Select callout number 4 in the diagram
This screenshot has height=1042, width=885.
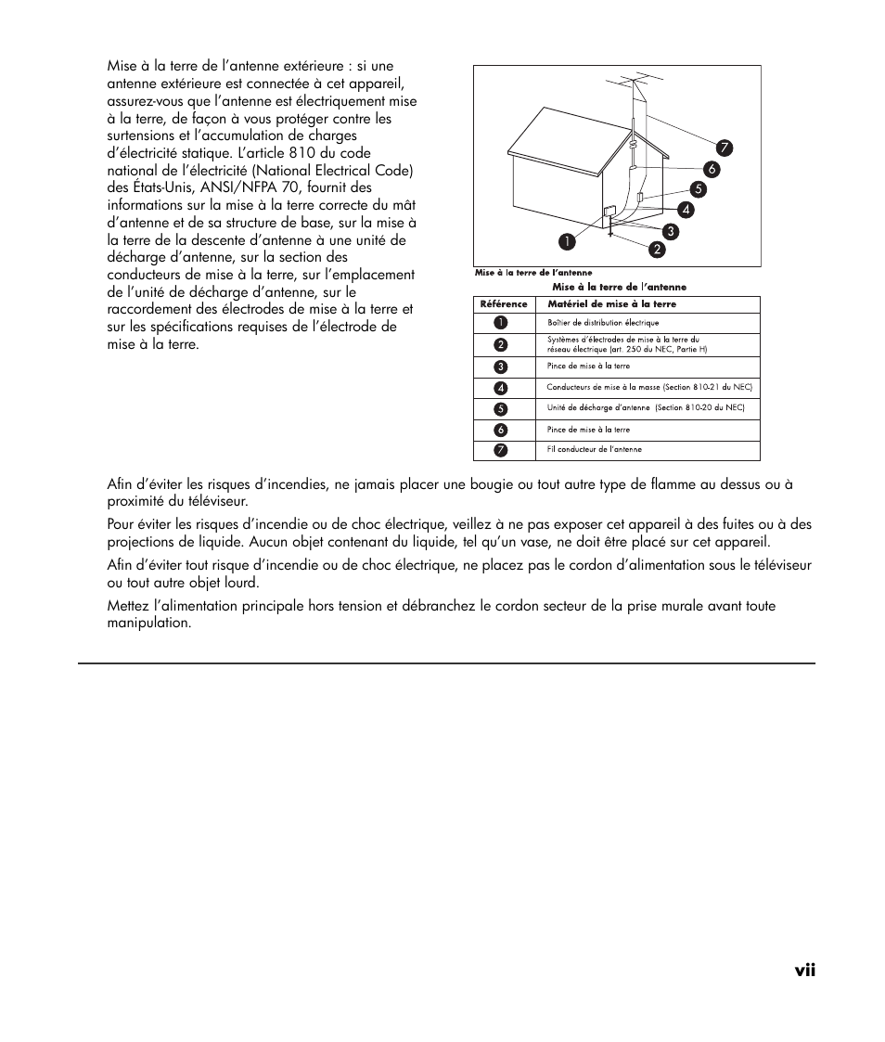pyautogui.click(x=687, y=210)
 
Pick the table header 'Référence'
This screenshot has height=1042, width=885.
pyautogui.click(x=504, y=304)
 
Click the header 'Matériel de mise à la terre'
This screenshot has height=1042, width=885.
pyautogui.click(x=611, y=304)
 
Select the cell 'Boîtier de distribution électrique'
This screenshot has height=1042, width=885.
pyautogui.click(x=603, y=323)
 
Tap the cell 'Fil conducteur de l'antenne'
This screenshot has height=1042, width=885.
pyautogui.click(x=594, y=450)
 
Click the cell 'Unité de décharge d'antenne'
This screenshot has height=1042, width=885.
pyautogui.click(x=646, y=408)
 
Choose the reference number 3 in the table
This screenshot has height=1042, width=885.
pyautogui.click(x=501, y=367)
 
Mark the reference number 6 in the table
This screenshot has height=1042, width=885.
pyautogui.click(x=501, y=430)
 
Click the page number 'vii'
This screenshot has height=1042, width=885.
pyautogui.click(x=804, y=970)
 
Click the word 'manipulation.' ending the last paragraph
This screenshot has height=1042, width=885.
pyautogui.click(x=149, y=623)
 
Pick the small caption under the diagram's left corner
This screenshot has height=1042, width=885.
pyautogui.click(x=533, y=274)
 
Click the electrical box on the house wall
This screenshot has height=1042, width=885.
pyautogui.click(x=609, y=212)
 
